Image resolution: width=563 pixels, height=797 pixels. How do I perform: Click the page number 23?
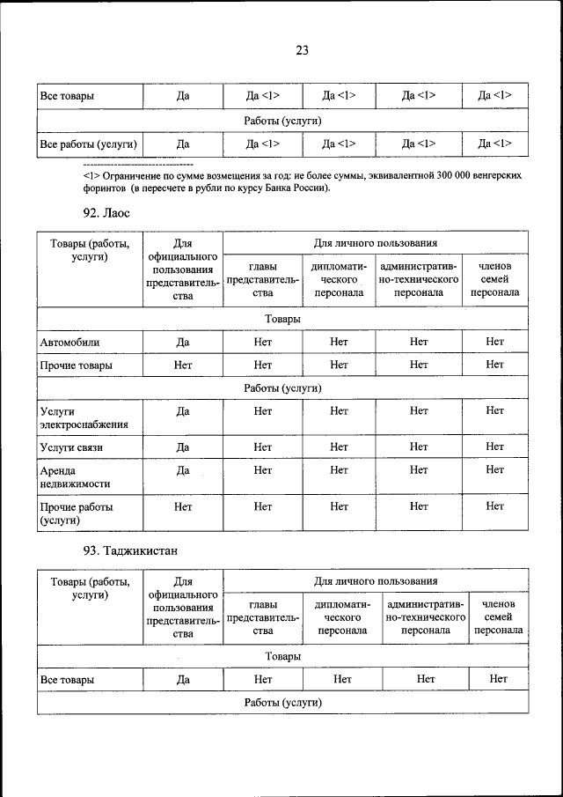(301, 50)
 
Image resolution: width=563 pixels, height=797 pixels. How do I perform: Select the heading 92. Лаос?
(107, 212)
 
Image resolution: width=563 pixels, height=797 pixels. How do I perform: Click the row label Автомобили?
(69, 341)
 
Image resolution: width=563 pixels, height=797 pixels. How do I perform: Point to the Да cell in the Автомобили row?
(183, 341)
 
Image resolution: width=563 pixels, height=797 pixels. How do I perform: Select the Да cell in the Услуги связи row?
(183, 447)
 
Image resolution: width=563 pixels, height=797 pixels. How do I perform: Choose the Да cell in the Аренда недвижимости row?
(183, 471)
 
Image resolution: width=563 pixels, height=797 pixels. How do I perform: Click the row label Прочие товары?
(77, 364)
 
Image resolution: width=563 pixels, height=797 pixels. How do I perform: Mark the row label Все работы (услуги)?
(88, 143)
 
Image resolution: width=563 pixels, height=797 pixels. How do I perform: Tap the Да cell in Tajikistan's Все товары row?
(183, 679)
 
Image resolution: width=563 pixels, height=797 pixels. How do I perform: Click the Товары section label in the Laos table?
(282, 318)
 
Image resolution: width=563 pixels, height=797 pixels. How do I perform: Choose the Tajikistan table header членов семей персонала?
(498, 617)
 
